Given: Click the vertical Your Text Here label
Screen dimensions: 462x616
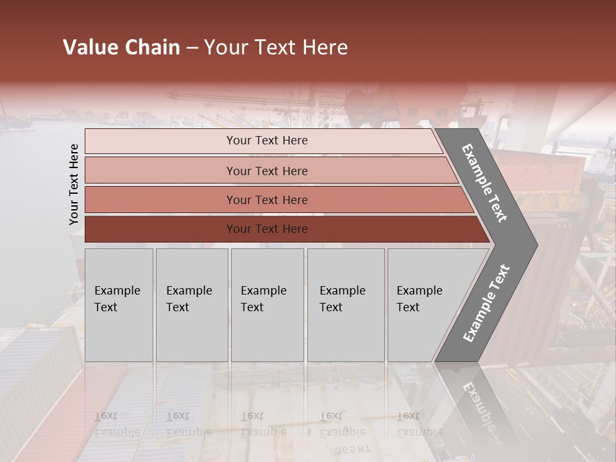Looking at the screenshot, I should click(74, 184).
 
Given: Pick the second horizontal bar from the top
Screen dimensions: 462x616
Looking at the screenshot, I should click(267, 171).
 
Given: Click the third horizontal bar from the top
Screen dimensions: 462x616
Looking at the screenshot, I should click(267, 200).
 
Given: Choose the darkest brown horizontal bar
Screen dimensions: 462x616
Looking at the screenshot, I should click(267, 229).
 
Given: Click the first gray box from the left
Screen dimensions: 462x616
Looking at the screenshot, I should click(119, 305).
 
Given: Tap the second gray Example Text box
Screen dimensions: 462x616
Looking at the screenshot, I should click(191, 305).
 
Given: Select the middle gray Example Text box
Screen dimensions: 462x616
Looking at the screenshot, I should click(267, 305).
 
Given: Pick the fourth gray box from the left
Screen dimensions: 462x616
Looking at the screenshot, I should click(345, 305).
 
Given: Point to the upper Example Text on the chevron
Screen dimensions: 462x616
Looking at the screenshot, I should click(485, 183).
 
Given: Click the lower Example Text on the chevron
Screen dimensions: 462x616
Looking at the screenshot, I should click(486, 304).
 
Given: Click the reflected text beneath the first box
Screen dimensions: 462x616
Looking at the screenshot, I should click(117, 424).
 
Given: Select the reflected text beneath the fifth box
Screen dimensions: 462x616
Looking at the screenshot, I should click(419, 424).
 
